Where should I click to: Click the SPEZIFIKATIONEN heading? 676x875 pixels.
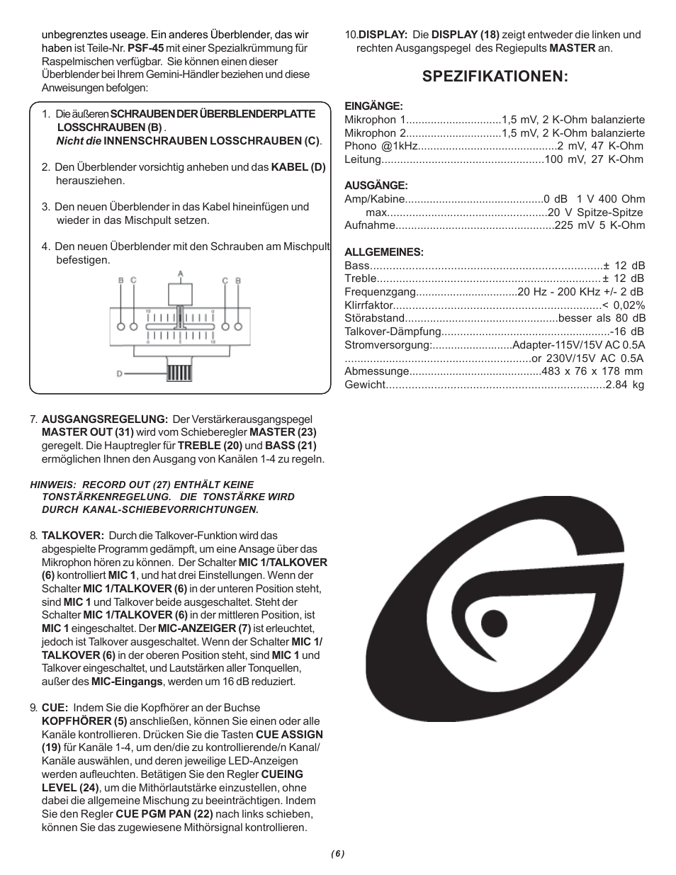tap(495, 77)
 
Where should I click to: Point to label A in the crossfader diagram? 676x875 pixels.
tap(181, 273)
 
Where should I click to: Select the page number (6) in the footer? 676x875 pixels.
tap(337, 853)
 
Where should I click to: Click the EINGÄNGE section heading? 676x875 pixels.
tap(373, 106)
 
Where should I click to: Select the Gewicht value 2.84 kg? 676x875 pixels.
tap(625, 385)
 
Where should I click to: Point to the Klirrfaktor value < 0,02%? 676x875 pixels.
tap(624, 305)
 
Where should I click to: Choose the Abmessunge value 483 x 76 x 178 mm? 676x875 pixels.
tap(592, 371)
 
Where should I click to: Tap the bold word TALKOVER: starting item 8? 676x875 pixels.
tap(73, 536)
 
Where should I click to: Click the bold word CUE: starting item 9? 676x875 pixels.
tap(55, 708)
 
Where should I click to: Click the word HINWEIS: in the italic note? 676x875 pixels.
tap(52, 485)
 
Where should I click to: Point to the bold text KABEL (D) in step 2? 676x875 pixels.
tap(298, 167)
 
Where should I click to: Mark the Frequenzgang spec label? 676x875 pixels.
tap(379, 292)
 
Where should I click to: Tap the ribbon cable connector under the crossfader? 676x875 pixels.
tap(180, 369)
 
